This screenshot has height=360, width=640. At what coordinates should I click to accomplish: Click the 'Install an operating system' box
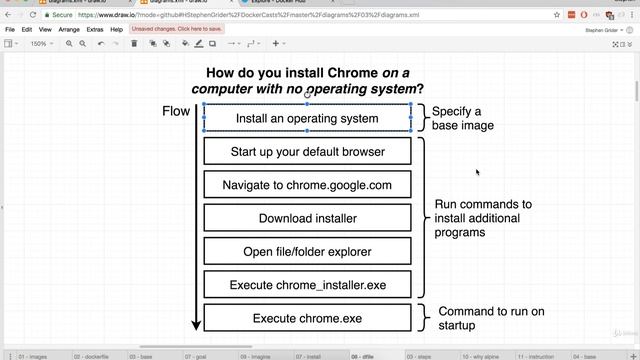[307, 118]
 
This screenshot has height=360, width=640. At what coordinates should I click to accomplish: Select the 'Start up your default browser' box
[307, 152]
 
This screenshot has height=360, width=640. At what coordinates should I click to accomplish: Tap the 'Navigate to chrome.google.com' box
[307, 185]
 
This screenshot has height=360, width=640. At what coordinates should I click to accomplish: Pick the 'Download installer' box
[307, 218]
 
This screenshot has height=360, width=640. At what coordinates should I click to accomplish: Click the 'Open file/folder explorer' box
[307, 251]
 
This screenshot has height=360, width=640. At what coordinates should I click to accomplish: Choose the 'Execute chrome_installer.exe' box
[307, 285]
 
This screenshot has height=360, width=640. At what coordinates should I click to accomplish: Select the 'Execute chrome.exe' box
[307, 318]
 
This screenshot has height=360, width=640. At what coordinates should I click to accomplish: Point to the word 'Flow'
[176, 111]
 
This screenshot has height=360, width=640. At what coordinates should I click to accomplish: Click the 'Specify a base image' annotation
[462, 118]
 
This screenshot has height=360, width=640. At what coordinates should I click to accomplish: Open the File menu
[10, 30]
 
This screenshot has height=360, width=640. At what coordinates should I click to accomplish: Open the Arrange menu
[69, 30]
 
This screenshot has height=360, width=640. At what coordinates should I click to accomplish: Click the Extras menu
[95, 30]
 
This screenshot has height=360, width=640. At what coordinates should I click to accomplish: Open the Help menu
[117, 30]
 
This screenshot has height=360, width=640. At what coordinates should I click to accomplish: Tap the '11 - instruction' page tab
[536, 355]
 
